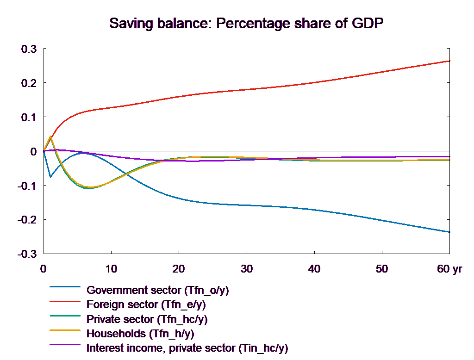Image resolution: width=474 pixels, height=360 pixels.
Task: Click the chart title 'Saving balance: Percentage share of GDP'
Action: point(247,24)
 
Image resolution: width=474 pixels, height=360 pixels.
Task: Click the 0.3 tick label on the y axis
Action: point(29,49)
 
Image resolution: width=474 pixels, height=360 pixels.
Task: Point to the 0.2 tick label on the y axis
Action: point(29,83)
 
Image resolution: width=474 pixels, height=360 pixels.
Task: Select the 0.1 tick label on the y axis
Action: point(29,118)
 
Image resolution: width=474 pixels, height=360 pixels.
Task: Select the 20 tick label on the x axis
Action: point(179,269)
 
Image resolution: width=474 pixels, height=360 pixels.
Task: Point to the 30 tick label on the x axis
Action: point(246,269)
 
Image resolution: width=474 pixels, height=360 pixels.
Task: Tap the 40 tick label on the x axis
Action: point(314,269)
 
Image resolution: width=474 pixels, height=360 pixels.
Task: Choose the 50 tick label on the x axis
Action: point(382,269)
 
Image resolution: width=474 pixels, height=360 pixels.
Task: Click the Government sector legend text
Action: point(158,291)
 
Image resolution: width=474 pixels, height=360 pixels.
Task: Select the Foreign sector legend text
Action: point(146,305)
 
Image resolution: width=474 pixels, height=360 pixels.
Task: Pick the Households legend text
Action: point(140,334)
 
